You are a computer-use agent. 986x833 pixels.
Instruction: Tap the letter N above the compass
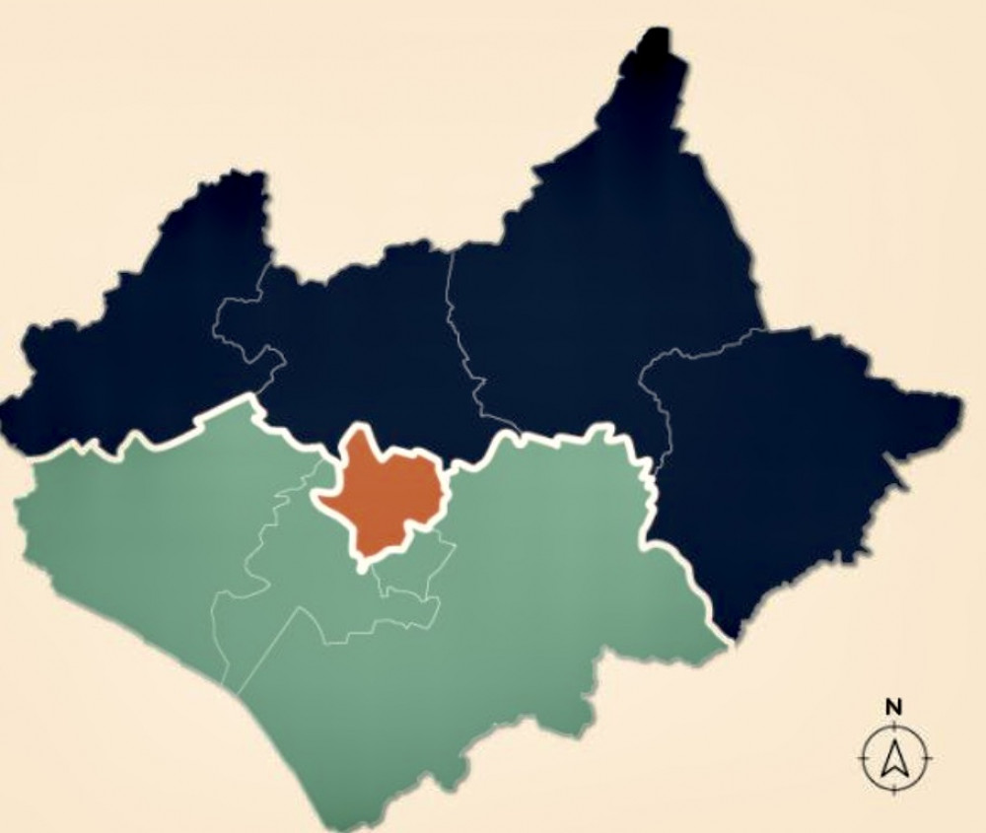pos(893,706)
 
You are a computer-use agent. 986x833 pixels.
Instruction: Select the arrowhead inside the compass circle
pos(895,757)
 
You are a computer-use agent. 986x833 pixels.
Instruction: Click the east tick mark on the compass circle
pos(927,758)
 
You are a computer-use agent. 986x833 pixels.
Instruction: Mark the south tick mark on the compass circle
pos(895,789)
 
